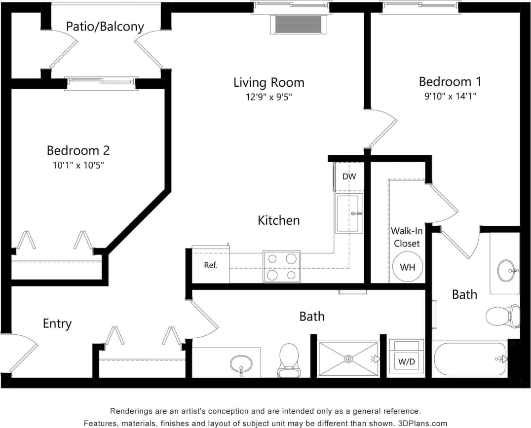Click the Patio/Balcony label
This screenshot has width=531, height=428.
105,26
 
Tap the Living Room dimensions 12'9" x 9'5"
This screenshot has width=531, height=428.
269,97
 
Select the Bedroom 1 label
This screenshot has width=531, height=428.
450,81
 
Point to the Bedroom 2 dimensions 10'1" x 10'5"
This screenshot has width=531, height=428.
78,165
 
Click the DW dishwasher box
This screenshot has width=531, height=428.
349,177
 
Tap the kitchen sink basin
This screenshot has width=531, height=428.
348,213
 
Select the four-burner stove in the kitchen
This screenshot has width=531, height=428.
281,267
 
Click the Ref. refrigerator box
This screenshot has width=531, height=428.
211,265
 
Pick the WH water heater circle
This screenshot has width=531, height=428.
407,267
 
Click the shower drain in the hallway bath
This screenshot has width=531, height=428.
348,359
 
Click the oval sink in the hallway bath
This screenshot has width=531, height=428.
241,364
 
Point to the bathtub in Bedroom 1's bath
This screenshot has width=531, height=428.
470,359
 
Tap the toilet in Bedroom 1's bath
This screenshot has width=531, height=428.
502,316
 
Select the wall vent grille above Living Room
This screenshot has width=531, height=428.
298,24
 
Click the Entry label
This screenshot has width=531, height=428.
57,323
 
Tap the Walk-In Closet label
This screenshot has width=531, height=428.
406,237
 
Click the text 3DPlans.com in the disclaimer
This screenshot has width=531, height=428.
422,423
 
